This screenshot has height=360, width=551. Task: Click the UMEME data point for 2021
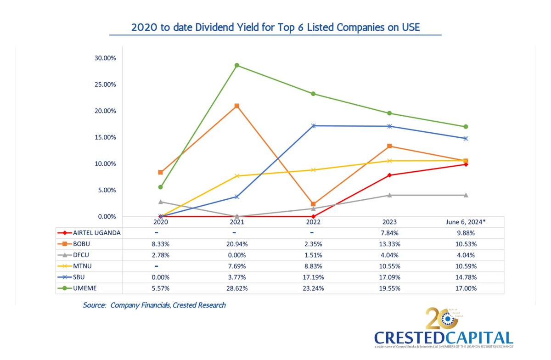pyautogui.click(x=236, y=65)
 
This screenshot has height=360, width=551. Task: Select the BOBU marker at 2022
pyautogui.click(x=313, y=204)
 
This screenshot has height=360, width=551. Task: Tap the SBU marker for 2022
pyautogui.click(x=313, y=126)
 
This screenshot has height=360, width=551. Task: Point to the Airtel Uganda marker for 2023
pyautogui.click(x=389, y=175)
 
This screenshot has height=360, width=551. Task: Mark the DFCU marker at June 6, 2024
pyautogui.click(x=466, y=195)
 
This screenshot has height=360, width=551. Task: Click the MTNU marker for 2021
pyautogui.click(x=236, y=176)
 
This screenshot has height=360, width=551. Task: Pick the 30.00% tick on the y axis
pyautogui.click(x=105, y=58)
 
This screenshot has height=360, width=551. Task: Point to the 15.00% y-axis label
pyautogui.click(x=105, y=137)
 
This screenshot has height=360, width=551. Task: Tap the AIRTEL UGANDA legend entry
pyautogui.click(x=96, y=233)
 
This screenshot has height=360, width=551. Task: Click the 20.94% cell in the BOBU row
pyautogui.click(x=236, y=244)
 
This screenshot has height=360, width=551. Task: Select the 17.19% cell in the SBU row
pyautogui.click(x=313, y=277)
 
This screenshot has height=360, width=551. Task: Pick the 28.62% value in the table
pyautogui.click(x=236, y=288)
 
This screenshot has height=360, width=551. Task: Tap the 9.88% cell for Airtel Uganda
pyautogui.click(x=466, y=233)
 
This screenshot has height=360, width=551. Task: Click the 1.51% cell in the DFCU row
pyautogui.click(x=313, y=255)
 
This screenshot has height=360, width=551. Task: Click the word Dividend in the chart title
pyautogui.click(x=216, y=27)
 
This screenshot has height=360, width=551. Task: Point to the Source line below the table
pyautogui.click(x=154, y=305)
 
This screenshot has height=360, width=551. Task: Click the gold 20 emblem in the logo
pyautogui.click(x=439, y=319)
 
